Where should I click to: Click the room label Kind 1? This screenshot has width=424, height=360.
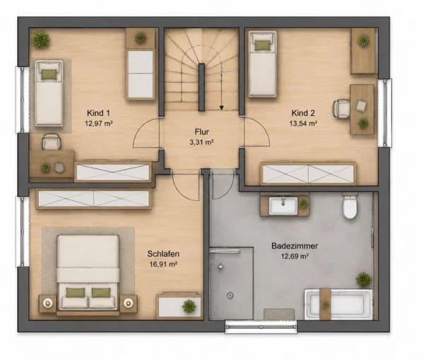point(98,113)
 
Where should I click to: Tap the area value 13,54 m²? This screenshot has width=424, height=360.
point(303,124)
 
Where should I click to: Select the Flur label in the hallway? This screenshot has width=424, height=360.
point(201,132)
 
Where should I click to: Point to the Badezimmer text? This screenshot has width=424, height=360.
point(295,246)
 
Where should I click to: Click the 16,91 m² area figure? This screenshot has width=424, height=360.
point(163,265)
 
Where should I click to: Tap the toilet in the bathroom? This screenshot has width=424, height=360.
point(350,206)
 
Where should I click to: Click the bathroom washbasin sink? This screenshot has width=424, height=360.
point(283,205)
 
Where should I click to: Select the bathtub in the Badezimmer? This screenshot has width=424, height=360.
point(338,304)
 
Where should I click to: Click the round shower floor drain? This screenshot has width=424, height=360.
point(230,295)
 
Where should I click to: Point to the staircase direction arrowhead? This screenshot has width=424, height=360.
point(222,108)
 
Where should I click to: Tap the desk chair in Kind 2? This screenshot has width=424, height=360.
point(341,109)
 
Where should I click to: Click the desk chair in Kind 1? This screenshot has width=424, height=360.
point(51,142)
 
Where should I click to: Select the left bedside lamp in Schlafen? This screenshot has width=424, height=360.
point(48,304)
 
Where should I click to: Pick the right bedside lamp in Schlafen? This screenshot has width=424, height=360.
point(128,304)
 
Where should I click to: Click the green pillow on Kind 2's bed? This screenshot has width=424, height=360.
point(261,45)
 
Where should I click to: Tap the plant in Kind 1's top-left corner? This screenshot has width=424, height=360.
point(41,40)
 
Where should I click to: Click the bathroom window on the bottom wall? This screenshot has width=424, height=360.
point(261,327)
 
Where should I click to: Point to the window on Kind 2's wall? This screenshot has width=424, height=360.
point(385,113)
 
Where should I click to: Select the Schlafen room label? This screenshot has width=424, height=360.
point(163,254)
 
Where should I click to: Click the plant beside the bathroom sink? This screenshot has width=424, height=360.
point(304,203)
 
